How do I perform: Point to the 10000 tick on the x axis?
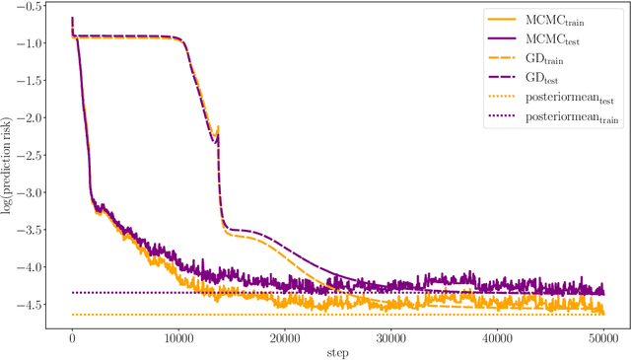(x=178, y=337)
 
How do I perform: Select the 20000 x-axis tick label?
(x=284, y=337)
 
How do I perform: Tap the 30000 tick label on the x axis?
(x=390, y=337)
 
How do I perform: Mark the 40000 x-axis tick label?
(x=496, y=337)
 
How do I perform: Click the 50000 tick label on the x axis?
(x=602, y=337)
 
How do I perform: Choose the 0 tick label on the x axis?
(x=72, y=337)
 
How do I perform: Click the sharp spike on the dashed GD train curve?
(x=218, y=126)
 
